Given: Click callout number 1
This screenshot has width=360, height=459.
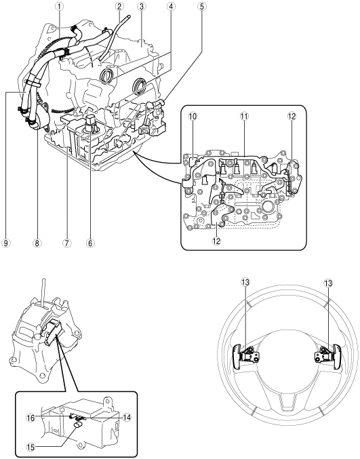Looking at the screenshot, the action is (59, 6).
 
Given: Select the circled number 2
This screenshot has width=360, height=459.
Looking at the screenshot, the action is (119, 6).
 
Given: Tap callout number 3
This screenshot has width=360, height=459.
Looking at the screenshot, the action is (142, 6).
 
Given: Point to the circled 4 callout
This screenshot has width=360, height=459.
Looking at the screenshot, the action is (171, 6).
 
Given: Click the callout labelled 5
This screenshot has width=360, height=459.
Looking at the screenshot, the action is (201, 6).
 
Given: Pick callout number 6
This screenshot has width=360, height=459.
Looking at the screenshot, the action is (90, 243).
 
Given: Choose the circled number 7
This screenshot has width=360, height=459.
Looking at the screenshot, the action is (67, 243).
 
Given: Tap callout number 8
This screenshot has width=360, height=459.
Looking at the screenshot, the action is (37, 243).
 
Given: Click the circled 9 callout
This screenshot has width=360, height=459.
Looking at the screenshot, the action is (6, 243).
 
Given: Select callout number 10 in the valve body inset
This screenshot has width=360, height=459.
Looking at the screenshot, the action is (193, 117).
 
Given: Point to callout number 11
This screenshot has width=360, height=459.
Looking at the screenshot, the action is (244, 117).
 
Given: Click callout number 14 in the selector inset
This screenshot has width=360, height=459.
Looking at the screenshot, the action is (127, 418).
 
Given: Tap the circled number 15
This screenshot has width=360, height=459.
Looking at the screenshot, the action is (31, 447).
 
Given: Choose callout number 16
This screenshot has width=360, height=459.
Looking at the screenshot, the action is (31, 418).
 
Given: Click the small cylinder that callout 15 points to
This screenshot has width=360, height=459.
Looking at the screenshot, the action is (79, 426).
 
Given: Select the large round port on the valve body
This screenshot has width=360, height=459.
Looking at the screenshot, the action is (268, 206).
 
